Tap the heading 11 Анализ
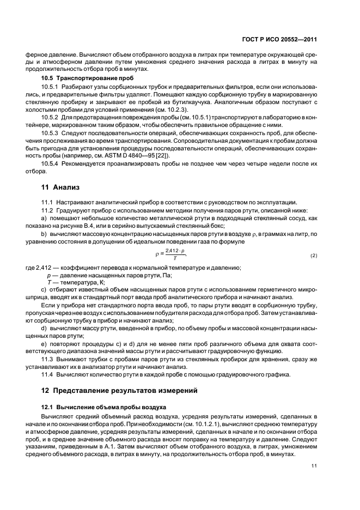[x=61, y=187]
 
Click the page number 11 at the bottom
[x=314, y=465]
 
